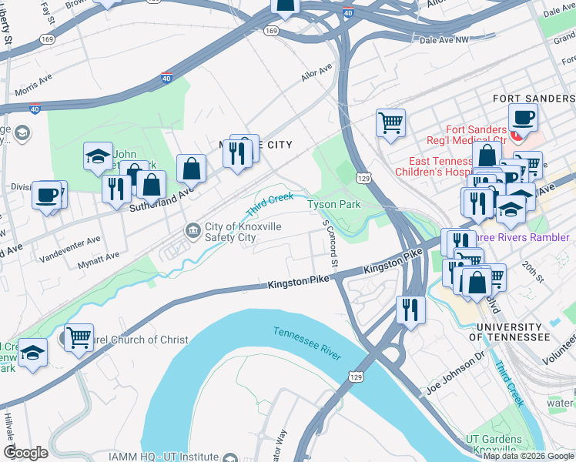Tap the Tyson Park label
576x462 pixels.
pyautogui.click(x=334, y=204)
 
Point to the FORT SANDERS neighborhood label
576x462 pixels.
pyautogui.click(x=533, y=99)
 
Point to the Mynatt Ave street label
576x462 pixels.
pyautogui.click(x=99, y=259)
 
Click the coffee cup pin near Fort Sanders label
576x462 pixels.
pyautogui.click(x=523, y=119)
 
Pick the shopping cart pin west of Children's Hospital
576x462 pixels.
pyautogui.click(x=390, y=122)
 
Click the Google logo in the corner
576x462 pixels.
pyautogui.click(x=25, y=453)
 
